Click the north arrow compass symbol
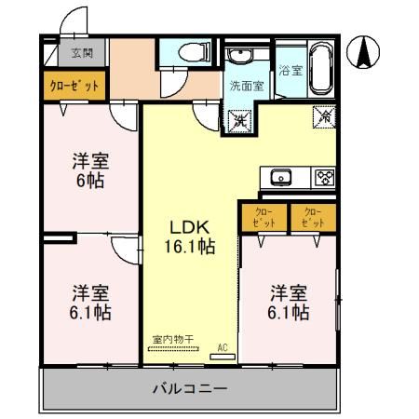tap(363, 52)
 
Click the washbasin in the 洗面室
tap(237, 56)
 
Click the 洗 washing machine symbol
tap(239, 118)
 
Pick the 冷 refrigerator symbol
tap(325, 117)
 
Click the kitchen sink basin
tap(281, 177)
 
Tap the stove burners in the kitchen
tap(324, 177)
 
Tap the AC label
tap(222, 347)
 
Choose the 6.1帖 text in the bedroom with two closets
tap(290, 313)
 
